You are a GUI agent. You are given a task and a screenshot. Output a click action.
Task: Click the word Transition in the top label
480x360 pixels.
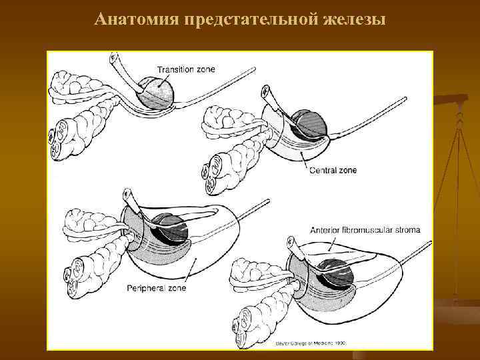pyautogui.click(x=177, y=69)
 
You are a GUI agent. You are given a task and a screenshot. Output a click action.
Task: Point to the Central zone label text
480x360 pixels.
pyautogui.click(x=333, y=171)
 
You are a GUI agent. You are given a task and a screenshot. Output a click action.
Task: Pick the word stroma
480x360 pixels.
pyautogui.click(x=408, y=231)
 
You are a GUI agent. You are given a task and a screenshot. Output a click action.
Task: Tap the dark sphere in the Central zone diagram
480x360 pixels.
pyautogui.click(x=311, y=123)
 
